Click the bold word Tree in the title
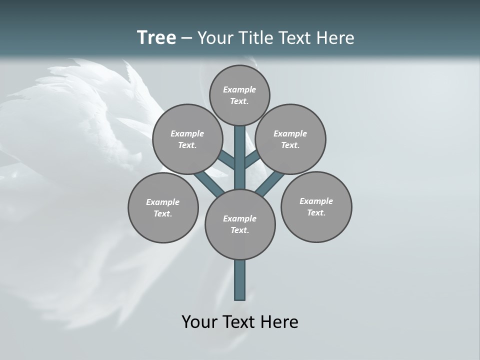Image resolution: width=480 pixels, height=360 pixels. tap(156, 38)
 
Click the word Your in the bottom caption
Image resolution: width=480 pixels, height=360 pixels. tap(199, 322)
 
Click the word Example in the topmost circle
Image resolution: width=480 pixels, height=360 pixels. tap(239, 90)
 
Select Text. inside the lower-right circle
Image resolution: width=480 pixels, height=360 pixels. tap(316, 213)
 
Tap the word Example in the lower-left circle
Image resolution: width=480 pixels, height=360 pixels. tap(163, 202)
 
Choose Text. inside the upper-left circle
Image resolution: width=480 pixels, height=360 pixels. tap(187, 145)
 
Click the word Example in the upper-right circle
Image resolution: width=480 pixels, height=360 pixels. tap(290, 134)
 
